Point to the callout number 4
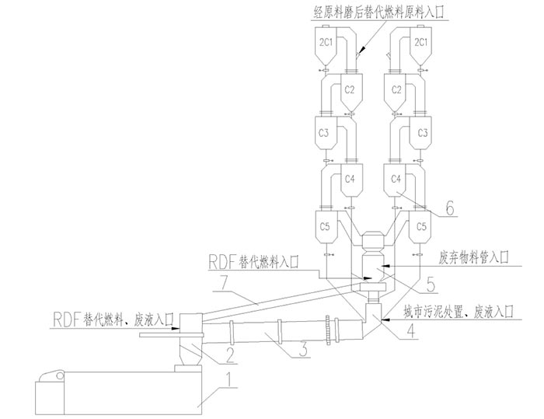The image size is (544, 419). point(407,336)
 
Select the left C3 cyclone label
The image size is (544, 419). point(325,133)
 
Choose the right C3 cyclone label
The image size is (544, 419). point(423,133)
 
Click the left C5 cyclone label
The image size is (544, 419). point(325,226)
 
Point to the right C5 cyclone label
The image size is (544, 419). point(422,226)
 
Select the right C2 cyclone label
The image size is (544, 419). point(397,89)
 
